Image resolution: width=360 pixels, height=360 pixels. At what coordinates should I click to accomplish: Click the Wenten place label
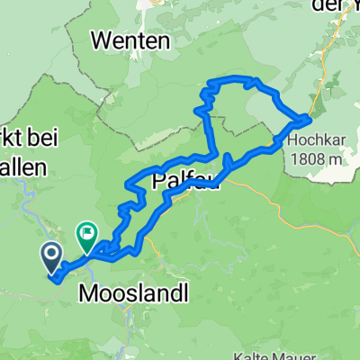point(131,40)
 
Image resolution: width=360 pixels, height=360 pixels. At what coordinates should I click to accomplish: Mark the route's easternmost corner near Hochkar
point(310,118)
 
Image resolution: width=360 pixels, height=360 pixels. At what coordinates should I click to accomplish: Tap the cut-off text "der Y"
point(333,6)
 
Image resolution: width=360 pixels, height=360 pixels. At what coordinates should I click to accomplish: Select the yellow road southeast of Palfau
point(270,193)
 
